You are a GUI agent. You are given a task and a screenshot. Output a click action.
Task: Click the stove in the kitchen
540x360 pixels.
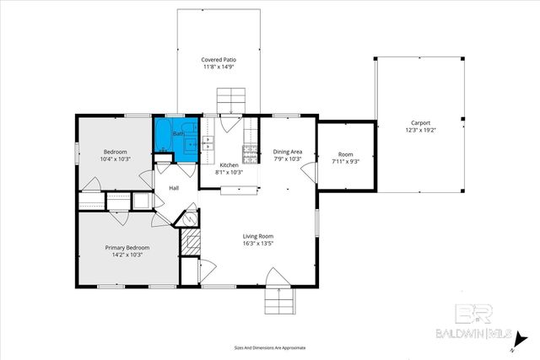[250, 153]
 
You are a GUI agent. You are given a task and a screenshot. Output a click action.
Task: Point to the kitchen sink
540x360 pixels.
[208, 144]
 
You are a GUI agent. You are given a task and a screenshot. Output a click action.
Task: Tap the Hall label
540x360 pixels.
[174, 188]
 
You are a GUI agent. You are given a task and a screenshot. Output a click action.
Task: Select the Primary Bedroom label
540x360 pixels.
[127, 247]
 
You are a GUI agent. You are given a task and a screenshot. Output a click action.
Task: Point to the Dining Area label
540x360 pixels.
[287, 152]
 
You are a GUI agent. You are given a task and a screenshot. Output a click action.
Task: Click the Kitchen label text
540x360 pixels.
[229, 164]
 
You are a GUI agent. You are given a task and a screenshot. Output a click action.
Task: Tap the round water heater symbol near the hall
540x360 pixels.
[191, 218]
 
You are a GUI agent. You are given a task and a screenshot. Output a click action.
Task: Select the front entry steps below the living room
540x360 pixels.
[278, 299]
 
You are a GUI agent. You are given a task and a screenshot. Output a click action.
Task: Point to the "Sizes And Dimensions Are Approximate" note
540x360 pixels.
[269, 347]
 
